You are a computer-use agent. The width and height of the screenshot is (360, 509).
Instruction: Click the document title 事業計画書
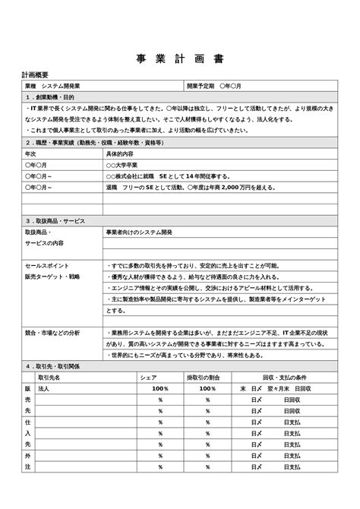click(180, 59)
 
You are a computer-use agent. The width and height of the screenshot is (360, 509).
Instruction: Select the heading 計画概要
click(36, 76)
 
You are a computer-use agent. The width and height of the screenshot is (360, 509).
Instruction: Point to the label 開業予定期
click(201, 87)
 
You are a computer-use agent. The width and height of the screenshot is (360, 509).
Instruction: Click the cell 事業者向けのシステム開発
click(139, 231)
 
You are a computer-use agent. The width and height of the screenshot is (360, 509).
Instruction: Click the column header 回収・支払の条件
click(284, 377)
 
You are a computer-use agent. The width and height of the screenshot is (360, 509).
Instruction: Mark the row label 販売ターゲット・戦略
click(52, 277)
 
